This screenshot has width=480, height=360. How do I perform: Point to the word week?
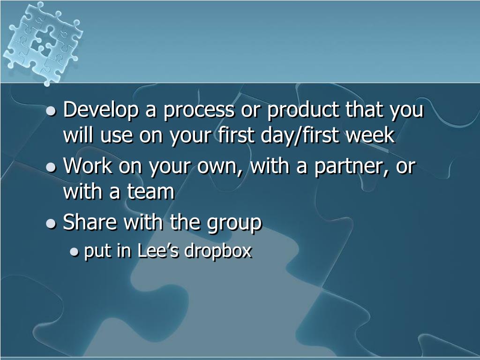(x=373, y=135)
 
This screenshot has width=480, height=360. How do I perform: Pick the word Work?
(x=87, y=166)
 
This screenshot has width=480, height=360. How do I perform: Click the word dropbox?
(x=218, y=252)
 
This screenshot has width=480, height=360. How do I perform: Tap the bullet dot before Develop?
(x=52, y=112)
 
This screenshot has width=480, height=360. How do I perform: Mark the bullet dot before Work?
(x=52, y=168)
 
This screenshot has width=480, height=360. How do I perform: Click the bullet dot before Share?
(x=52, y=224)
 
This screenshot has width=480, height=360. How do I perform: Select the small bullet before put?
(x=74, y=253)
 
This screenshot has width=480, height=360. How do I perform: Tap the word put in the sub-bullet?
(x=97, y=252)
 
